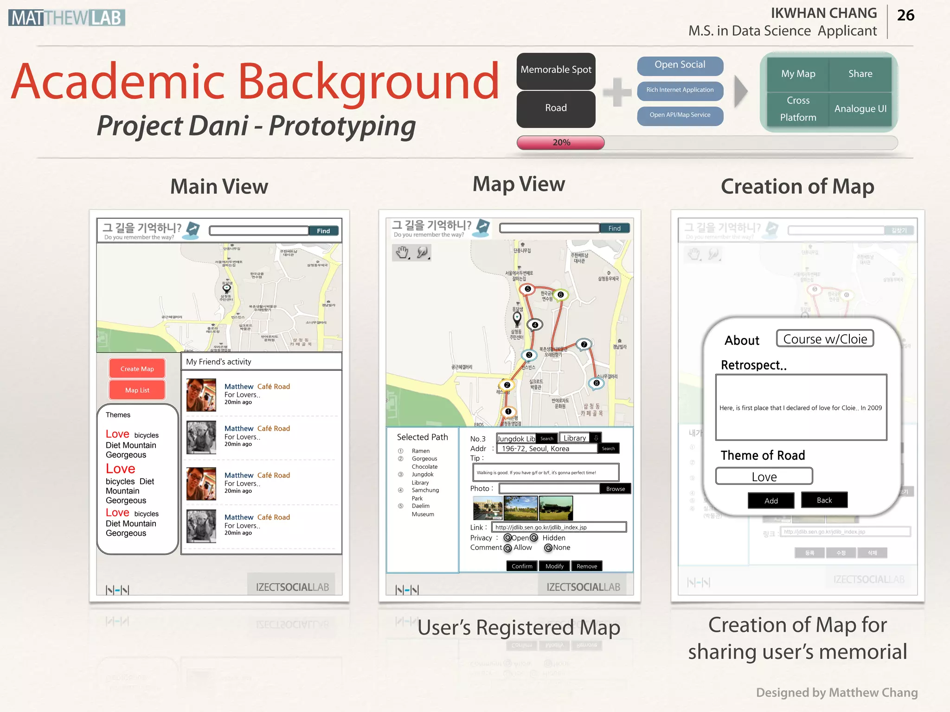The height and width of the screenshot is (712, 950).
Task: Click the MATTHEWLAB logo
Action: [x=67, y=18]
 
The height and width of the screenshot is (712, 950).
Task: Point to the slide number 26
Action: [x=905, y=15]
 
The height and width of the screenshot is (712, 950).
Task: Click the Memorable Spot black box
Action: [x=556, y=70]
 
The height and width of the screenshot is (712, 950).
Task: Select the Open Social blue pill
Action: [x=680, y=65]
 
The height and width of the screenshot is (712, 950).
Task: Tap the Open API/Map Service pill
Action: [x=680, y=115]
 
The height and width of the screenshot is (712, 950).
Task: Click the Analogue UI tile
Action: [x=860, y=109]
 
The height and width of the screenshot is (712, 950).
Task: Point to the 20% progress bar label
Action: [x=561, y=143]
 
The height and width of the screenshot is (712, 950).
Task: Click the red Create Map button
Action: [x=137, y=369]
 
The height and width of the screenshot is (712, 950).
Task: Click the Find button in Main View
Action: [x=323, y=231]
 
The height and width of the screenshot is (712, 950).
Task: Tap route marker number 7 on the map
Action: [x=584, y=344]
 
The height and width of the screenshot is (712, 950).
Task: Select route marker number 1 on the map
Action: [x=508, y=412]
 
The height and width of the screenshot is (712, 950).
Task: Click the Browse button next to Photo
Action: [x=615, y=489]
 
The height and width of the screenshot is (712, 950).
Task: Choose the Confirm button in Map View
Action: [x=522, y=566]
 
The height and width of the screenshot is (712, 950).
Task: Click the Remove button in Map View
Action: [x=587, y=566]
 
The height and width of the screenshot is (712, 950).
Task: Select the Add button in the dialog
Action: [x=771, y=501]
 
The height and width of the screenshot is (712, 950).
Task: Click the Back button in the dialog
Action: [x=824, y=500]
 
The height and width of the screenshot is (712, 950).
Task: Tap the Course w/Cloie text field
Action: [x=825, y=339]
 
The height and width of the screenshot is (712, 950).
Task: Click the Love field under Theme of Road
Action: [x=764, y=477]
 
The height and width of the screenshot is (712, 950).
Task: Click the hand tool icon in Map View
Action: [x=402, y=253]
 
